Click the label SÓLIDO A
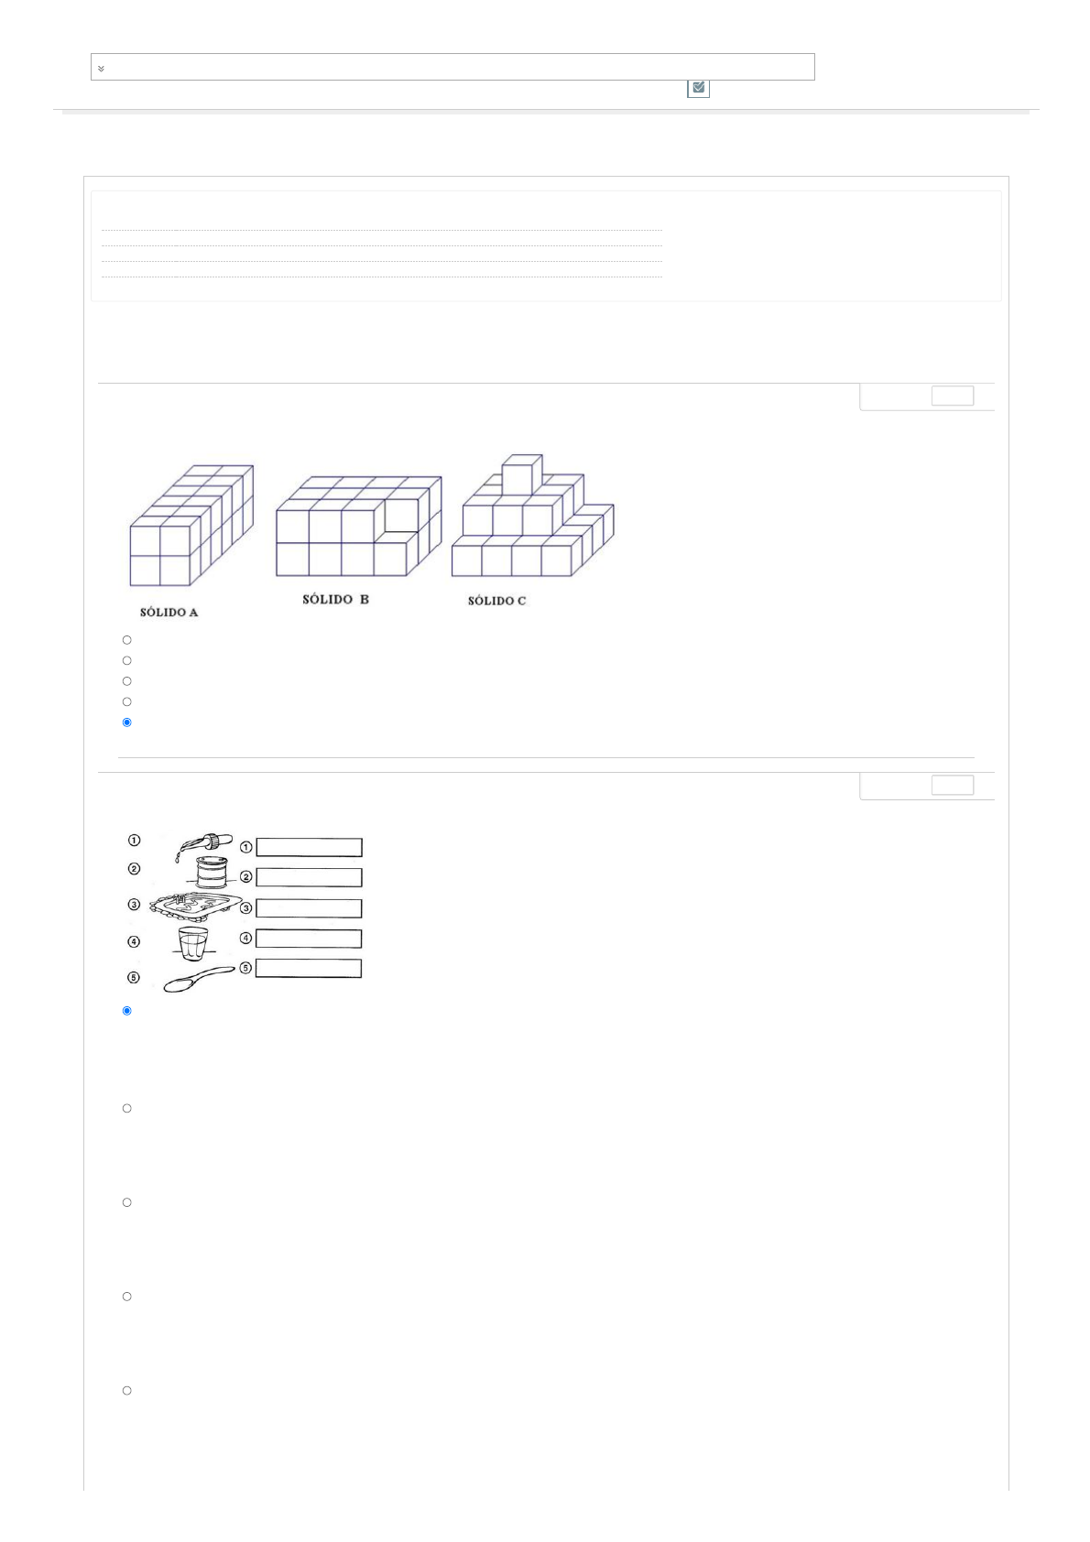169,612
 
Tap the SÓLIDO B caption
335,599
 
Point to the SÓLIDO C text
496,601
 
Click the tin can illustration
212,872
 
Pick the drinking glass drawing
193,943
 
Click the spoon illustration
199,979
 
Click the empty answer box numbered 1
310,847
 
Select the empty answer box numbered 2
310,877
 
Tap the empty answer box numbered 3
310,908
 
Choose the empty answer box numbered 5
310,968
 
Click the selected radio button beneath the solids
126,722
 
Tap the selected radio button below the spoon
126,1011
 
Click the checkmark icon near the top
698,87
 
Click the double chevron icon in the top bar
102,69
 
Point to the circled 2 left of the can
135,869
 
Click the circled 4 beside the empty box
245,938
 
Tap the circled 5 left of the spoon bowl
135,978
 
